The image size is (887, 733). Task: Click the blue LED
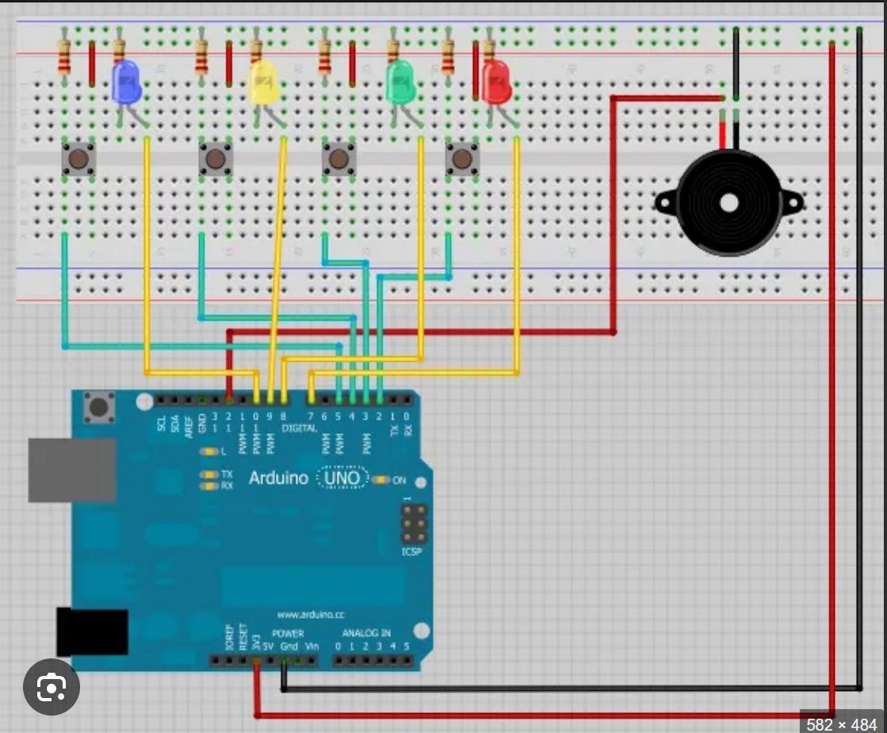click(x=127, y=82)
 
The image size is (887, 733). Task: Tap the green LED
click(x=401, y=82)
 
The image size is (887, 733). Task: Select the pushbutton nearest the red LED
click(x=462, y=159)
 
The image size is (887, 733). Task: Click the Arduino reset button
click(x=99, y=407)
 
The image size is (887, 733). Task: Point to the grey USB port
click(x=71, y=470)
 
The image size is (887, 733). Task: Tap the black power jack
click(x=92, y=631)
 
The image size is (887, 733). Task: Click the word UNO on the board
click(x=343, y=478)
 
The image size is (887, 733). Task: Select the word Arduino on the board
click(x=278, y=478)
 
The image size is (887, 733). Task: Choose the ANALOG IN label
click(x=366, y=633)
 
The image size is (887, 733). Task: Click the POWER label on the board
click(x=288, y=633)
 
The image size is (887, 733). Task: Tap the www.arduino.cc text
click(x=310, y=614)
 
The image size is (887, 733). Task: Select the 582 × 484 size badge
click(x=843, y=723)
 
